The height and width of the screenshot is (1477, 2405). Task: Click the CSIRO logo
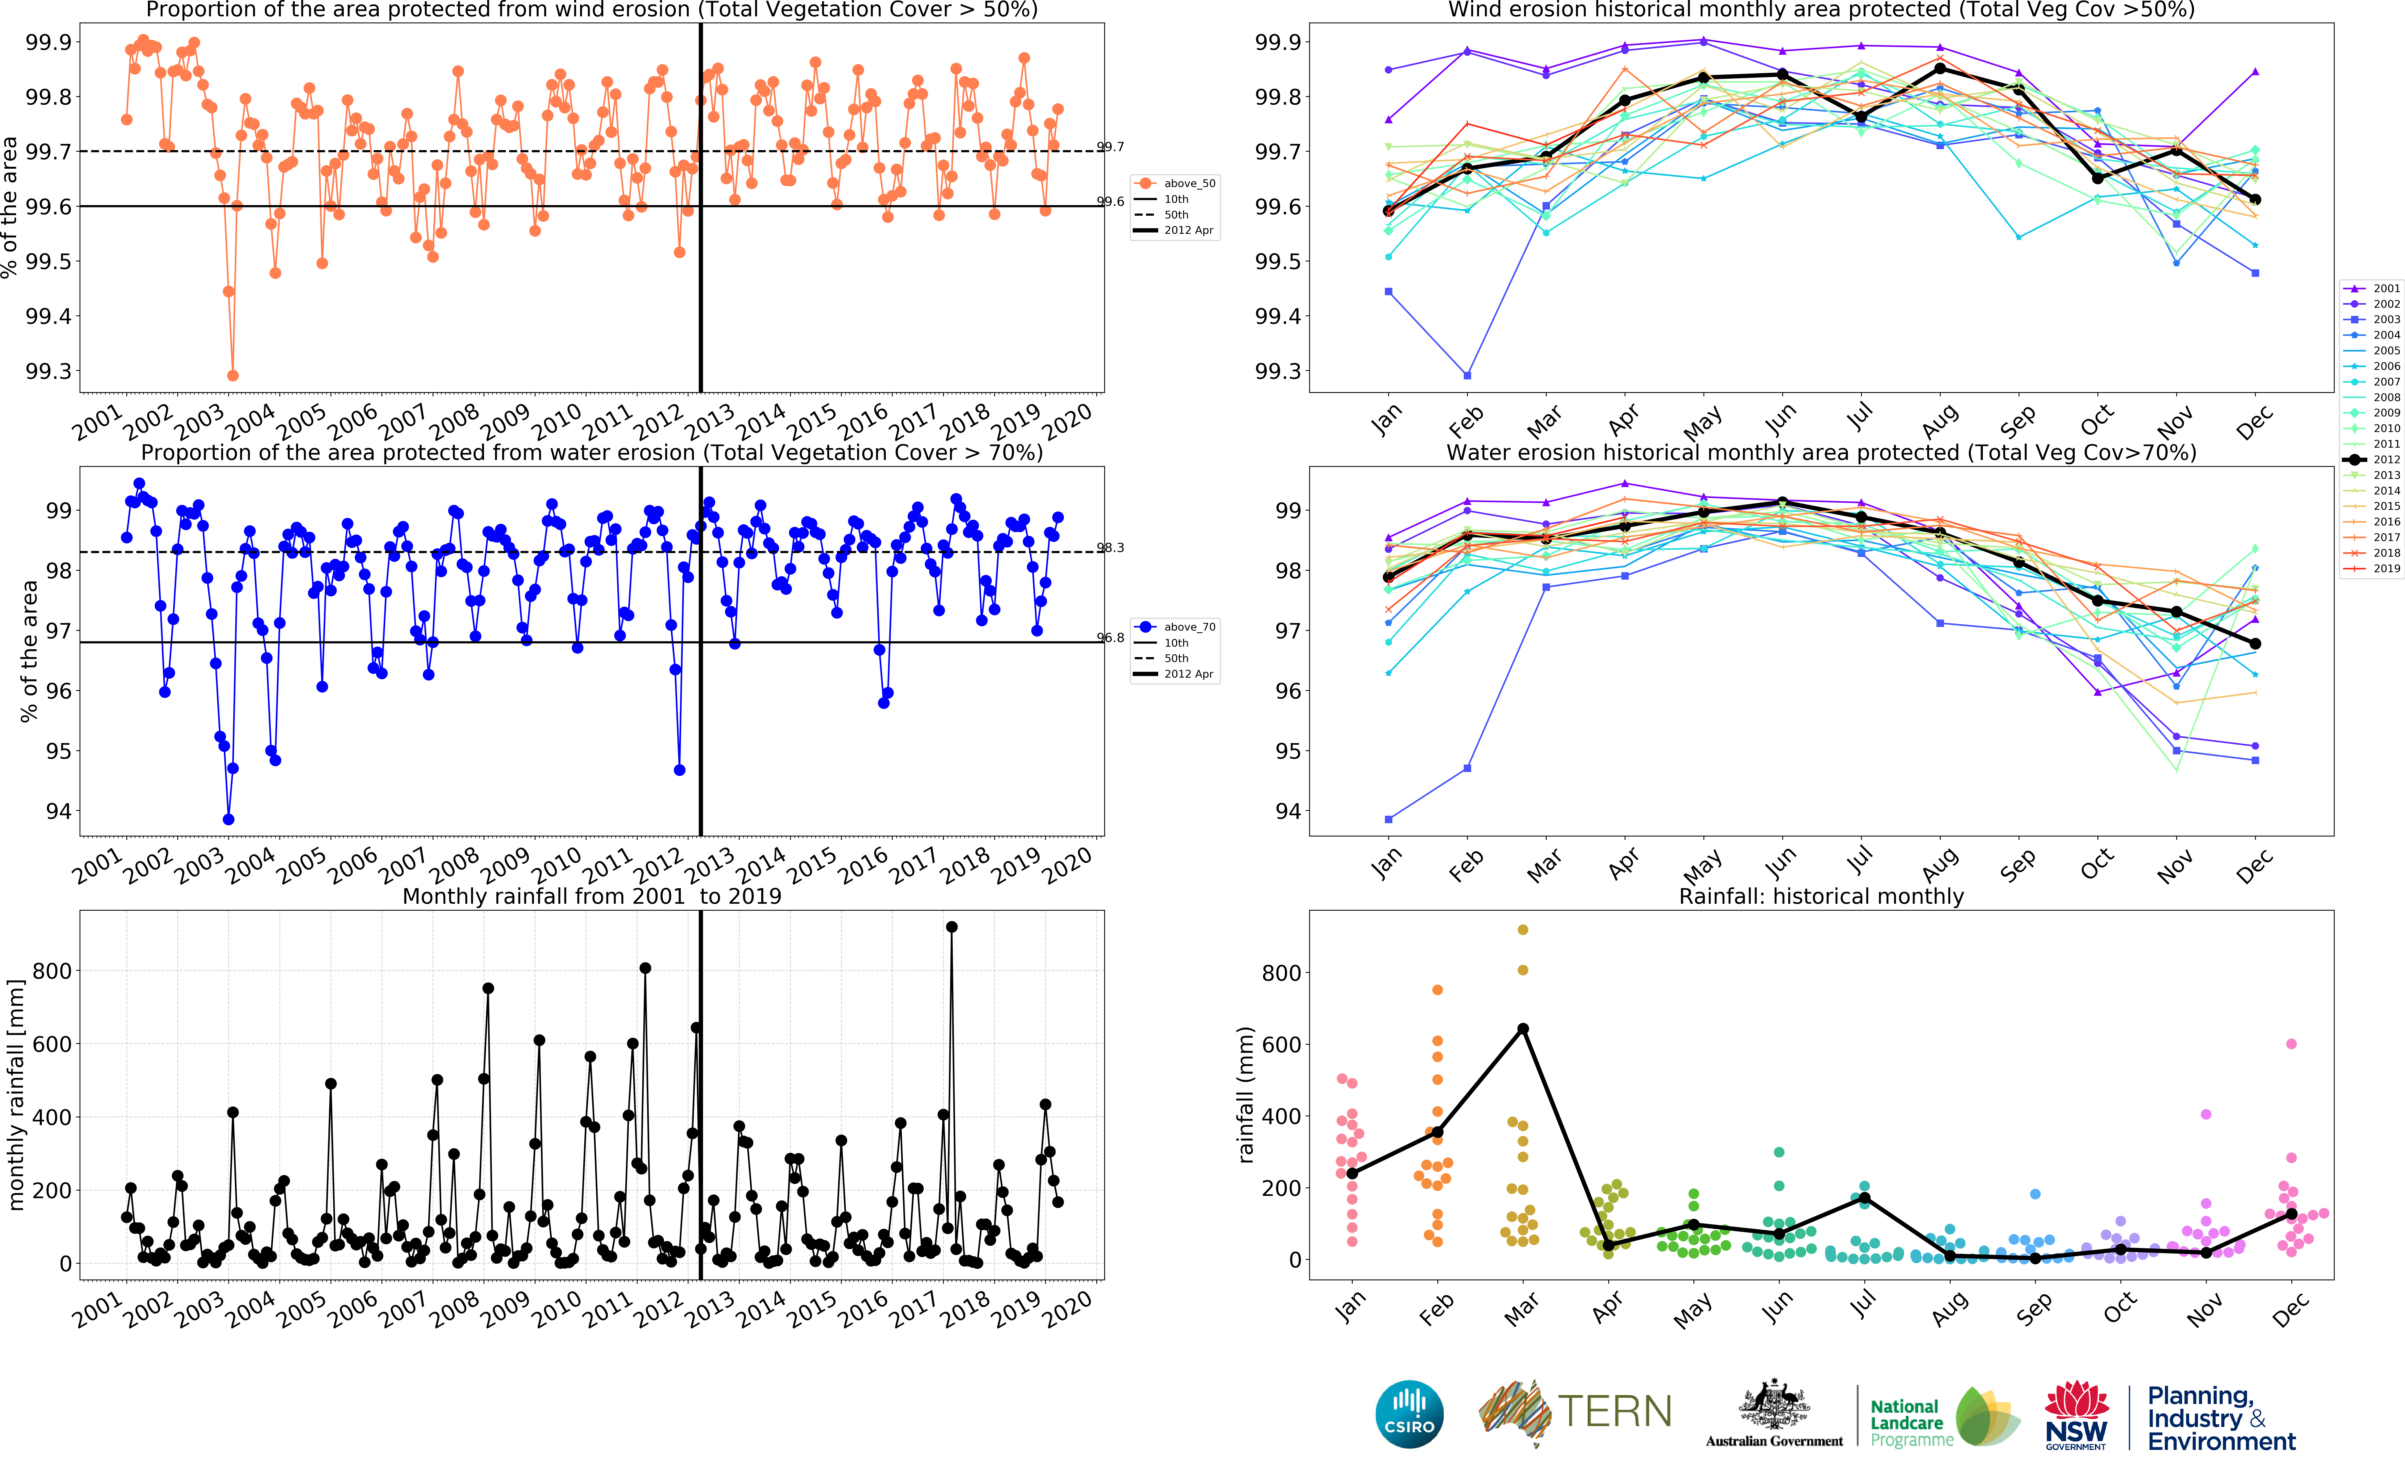(x=1409, y=1415)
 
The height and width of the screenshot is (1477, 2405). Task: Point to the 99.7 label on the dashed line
(x=1111, y=147)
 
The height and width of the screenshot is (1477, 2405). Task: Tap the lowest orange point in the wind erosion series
(x=233, y=375)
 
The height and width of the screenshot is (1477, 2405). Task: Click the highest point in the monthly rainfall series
(x=952, y=927)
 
